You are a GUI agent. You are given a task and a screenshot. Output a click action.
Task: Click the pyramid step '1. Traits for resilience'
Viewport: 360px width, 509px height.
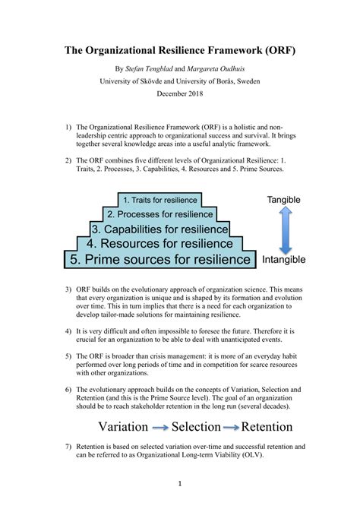pyautogui.click(x=160, y=200)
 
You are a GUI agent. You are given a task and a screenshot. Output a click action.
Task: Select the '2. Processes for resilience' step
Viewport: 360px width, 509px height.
pyautogui.click(x=160, y=214)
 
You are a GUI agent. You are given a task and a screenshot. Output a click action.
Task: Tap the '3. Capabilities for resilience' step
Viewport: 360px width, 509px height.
pyautogui.click(x=159, y=229)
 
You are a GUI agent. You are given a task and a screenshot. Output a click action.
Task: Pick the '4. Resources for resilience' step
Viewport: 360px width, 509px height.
pyautogui.click(x=159, y=244)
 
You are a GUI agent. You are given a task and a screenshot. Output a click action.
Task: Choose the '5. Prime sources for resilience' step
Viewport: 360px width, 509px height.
pyautogui.click(x=159, y=260)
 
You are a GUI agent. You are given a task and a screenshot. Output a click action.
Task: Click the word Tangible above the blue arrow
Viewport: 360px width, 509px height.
pyautogui.click(x=283, y=200)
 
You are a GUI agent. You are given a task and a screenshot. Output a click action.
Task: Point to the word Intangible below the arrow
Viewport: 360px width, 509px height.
pyautogui.click(x=283, y=260)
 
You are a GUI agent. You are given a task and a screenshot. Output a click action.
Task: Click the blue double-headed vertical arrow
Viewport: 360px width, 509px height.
pyautogui.click(x=283, y=229)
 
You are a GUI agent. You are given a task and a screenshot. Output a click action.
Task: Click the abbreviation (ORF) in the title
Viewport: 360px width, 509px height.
pyautogui.click(x=276, y=52)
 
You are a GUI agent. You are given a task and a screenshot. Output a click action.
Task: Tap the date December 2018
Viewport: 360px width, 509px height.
pyautogui.click(x=181, y=93)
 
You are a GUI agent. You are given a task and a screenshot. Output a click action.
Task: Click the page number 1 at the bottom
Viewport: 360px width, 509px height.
pyautogui.click(x=180, y=482)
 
